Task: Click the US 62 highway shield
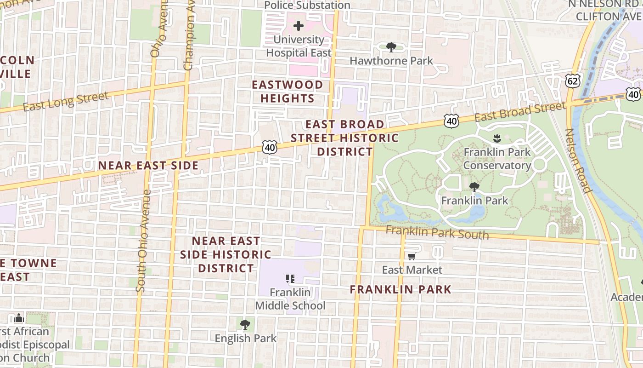tap(574, 80)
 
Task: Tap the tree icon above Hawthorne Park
tap(391, 47)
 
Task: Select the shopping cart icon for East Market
tap(412, 256)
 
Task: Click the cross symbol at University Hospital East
tap(299, 26)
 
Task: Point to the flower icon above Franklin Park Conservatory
tap(496, 138)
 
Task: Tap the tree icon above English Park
tap(245, 325)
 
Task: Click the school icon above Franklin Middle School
tap(290, 278)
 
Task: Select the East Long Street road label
tap(66, 101)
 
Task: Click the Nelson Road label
tap(577, 160)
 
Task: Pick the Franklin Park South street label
tap(437, 232)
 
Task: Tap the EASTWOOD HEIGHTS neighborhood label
tap(288, 92)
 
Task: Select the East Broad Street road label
tap(520, 112)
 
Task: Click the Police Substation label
tap(307, 5)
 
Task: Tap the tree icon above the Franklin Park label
tap(474, 187)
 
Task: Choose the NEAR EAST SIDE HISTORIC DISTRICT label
tap(226, 254)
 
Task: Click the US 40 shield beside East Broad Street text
tap(451, 121)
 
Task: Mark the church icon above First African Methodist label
tap(18, 318)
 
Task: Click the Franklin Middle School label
tap(290, 299)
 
